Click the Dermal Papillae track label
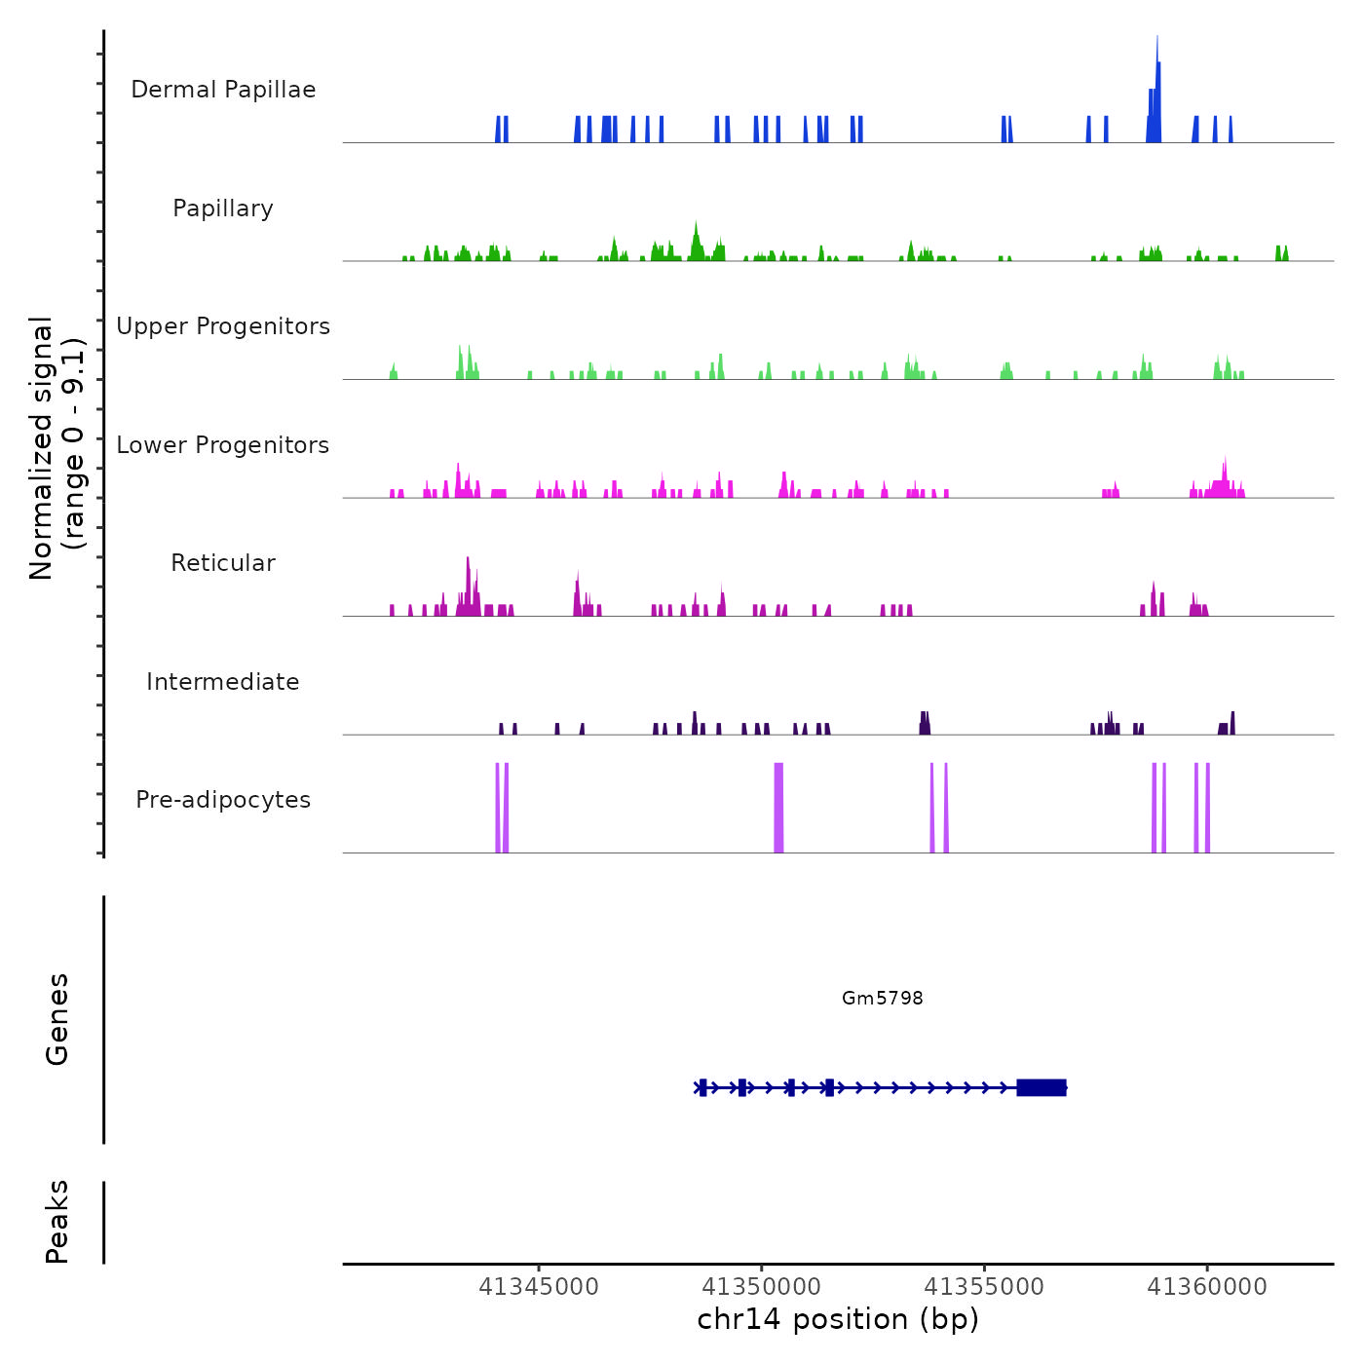(x=223, y=90)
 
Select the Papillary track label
(x=223, y=208)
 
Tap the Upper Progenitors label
(x=223, y=326)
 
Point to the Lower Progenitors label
(x=223, y=445)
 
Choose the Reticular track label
(x=223, y=563)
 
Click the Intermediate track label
(x=223, y=682)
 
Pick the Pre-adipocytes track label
(x=223, y=800)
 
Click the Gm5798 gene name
(x=883, y=998)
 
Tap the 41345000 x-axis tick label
(x=539, y=1287)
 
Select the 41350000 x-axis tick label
(x=762, y=1287)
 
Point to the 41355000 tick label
(x=984, y=1287)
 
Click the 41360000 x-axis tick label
(x=1207, y=1287)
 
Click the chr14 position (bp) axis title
(x=838, y=1319)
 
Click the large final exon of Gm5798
(x=1042, y=1087)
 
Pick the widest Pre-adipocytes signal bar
(x=778, y=808)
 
